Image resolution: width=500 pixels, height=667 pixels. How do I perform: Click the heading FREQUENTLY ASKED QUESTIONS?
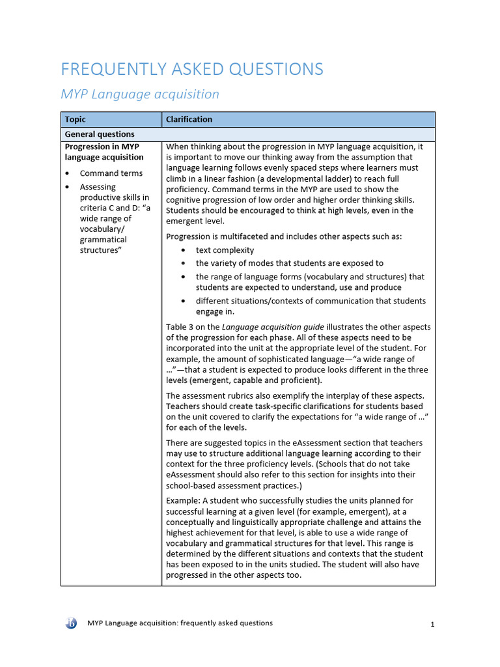click(x=191, y=69)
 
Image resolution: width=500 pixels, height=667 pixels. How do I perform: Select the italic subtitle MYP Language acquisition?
click(x=139, y=94)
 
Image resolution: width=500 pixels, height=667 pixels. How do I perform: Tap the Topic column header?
click(x=75, y=119)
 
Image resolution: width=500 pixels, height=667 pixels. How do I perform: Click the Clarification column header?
click(x=189, y=119)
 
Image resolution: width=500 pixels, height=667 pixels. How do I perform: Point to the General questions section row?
click(x=100, y=134)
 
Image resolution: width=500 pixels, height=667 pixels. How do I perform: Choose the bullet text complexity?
click(x=225, y=250)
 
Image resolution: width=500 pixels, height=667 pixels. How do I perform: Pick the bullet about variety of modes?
click(x=289, y=263)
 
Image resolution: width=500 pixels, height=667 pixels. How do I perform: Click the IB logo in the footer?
click(x=71, y=623)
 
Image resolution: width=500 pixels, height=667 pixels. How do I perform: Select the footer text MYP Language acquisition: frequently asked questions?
click(x=180, y=623)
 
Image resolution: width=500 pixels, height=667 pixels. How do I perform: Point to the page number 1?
click(x=432, y=625)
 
